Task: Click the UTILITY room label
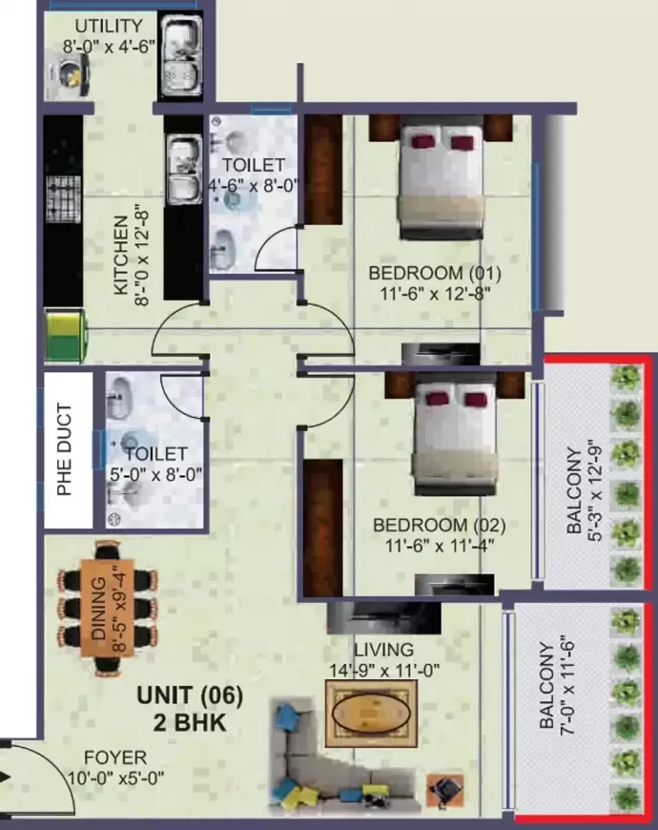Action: click(109, 26)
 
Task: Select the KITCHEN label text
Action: click(121, 255)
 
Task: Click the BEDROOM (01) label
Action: click(435, 274)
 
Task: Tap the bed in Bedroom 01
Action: click(442, 181)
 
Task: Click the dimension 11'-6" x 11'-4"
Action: click(439, 545)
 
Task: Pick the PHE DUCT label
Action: click(64, 449)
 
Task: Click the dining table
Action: click(108, 608)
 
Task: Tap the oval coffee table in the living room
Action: click(371, 713)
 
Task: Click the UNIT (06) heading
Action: click(190, 695)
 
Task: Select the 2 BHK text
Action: click(190, 722)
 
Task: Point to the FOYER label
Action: click(115, 757)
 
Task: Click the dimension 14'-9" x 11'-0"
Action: click(384, 670)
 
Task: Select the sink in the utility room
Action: click(181, 57)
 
